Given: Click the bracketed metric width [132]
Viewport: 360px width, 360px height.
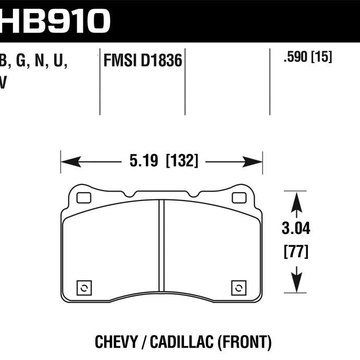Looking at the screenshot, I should (x=182, y=162).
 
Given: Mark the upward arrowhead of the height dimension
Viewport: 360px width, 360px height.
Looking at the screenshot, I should (x=296, y=201).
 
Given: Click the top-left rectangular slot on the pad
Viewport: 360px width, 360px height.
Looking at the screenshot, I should (x=83, y=198).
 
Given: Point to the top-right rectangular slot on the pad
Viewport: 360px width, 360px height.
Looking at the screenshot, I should (x=239, y=198).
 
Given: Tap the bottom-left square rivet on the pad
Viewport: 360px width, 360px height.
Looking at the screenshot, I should (x=84, y=288).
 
